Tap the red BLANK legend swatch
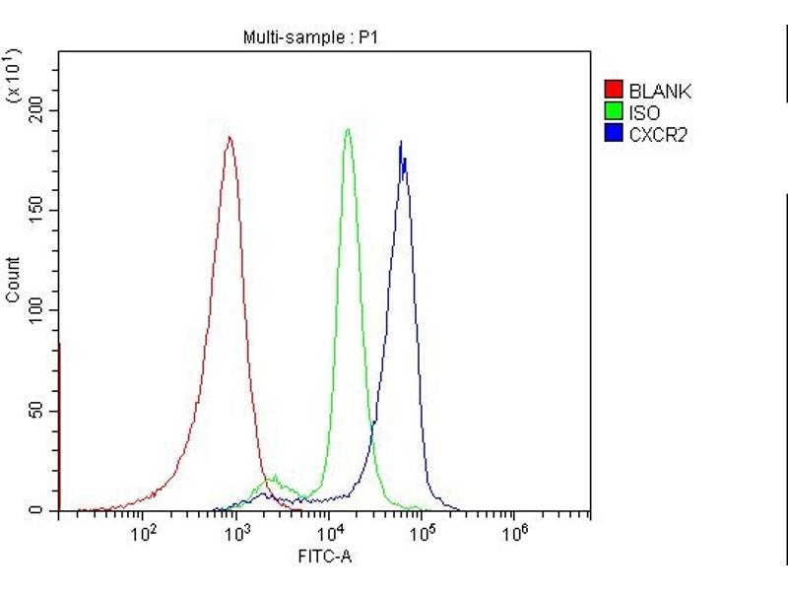[x=613, y=92]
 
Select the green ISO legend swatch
[x=613, y=112]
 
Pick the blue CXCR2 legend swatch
[x=613, y=134]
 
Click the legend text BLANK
[x=659, y=92]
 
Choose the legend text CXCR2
[x=657, y=135]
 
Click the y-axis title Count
[x=13, y=280]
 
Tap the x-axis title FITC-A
[x=325, y=557]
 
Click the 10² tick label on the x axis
[x=146, y=533]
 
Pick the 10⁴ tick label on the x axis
[x=331, y=533]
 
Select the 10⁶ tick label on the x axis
[x=514, y=533]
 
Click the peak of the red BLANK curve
[x=230, y=137]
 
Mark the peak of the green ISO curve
[x=348, y=129]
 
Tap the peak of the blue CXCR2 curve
[x=401, y=142]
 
